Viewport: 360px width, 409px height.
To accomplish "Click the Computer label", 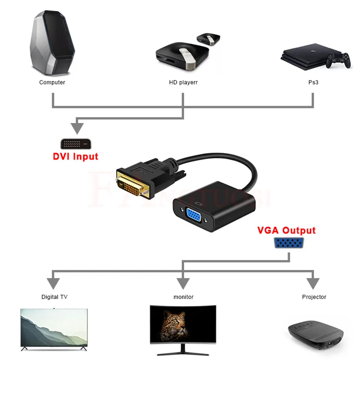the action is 52,82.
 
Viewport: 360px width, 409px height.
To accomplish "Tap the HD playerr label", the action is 183,82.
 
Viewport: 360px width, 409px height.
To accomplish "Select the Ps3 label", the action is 313,82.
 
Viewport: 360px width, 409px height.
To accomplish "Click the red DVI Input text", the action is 75,156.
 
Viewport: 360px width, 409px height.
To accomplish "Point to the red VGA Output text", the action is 286,230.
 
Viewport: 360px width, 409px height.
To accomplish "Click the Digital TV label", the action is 54,297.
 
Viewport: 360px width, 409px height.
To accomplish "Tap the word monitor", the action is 183,297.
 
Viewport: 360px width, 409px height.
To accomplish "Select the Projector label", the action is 314,297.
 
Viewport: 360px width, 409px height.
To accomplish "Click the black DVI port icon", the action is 76,144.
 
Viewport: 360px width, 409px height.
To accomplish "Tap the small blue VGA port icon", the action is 289,243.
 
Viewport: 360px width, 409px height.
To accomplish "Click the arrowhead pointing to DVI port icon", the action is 77,128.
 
